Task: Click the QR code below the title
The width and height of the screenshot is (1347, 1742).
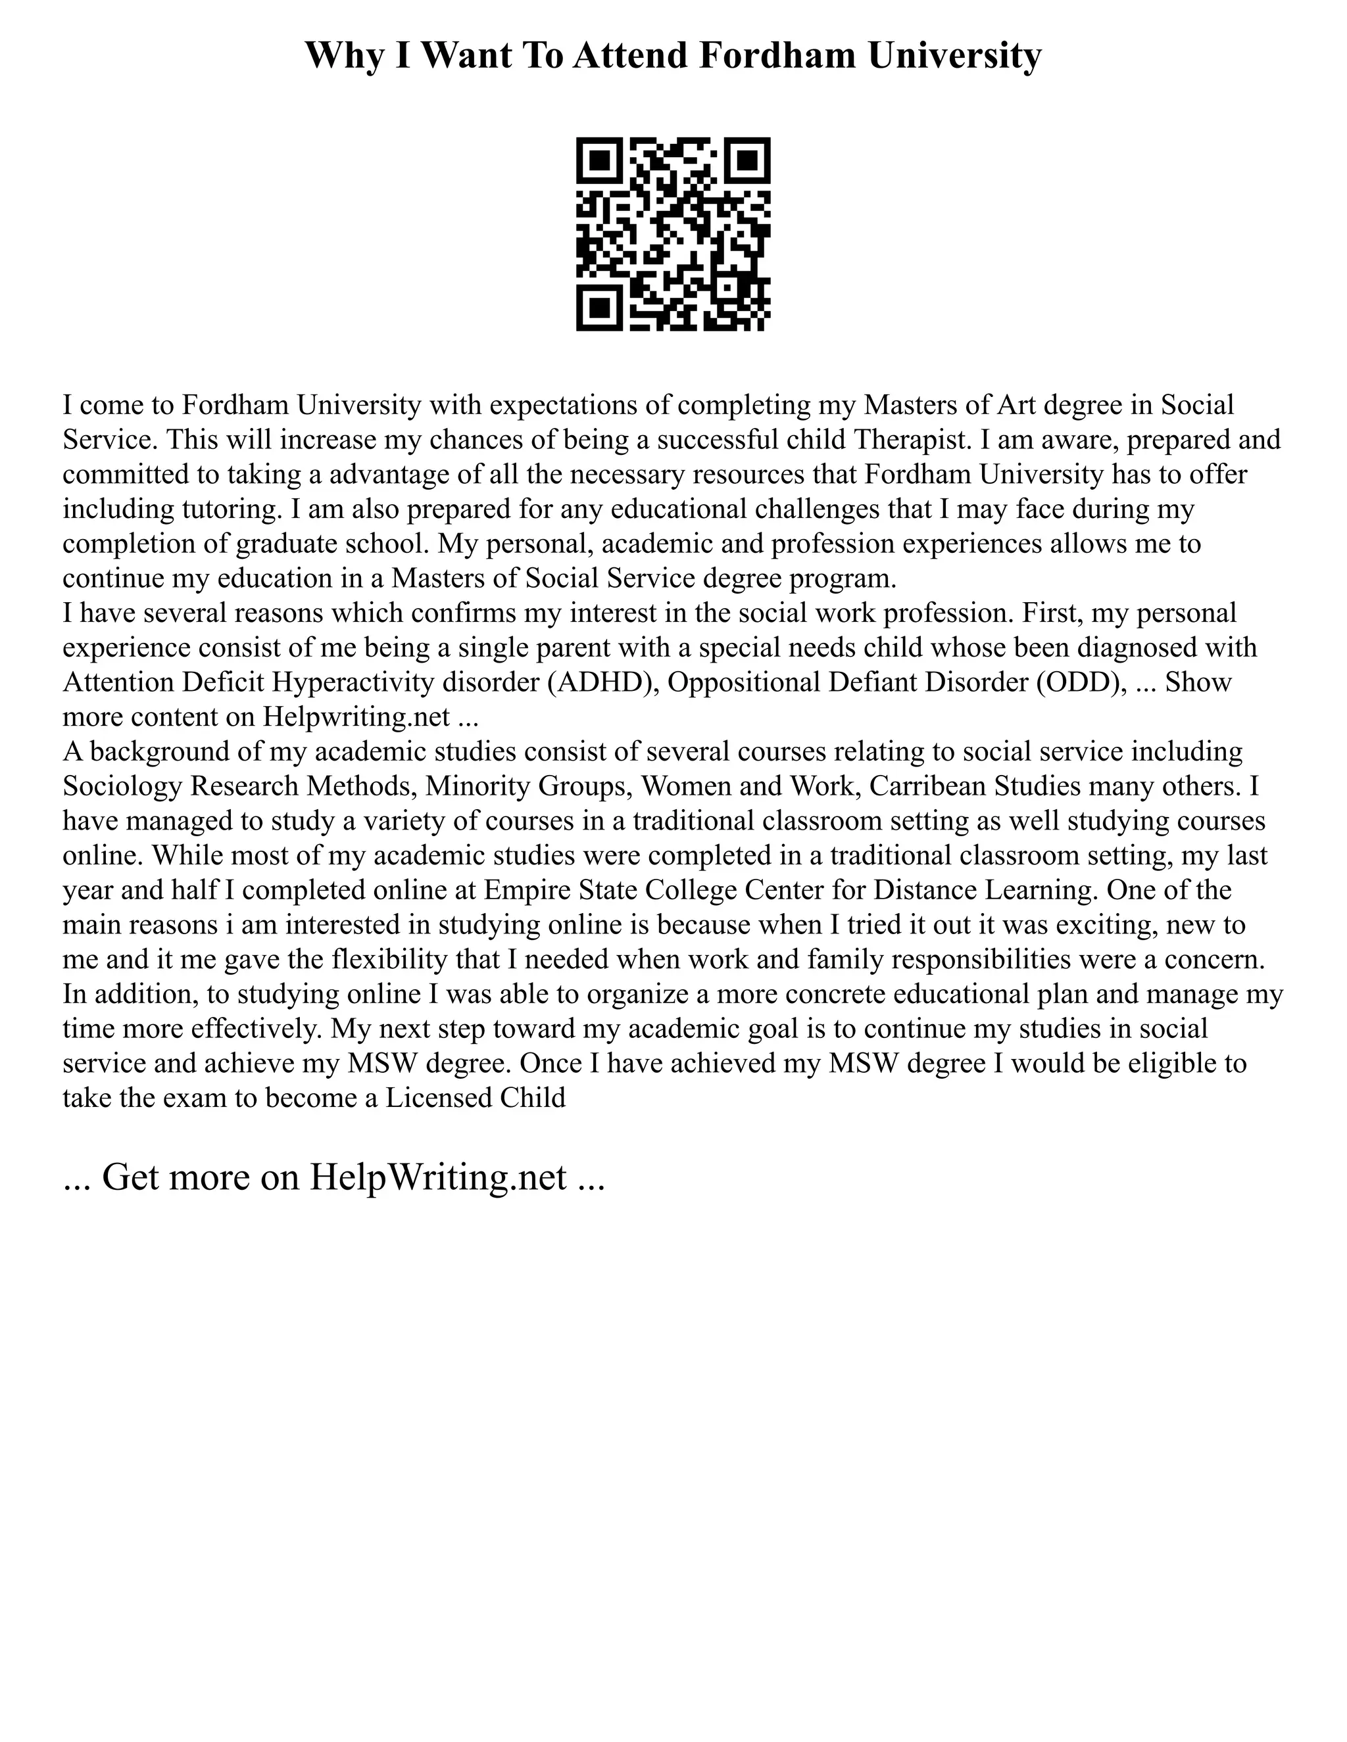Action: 673,234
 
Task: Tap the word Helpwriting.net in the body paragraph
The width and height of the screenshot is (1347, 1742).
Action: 356,717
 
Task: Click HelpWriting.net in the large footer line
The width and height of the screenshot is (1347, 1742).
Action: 437,1177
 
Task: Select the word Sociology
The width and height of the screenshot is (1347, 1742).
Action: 122,786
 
